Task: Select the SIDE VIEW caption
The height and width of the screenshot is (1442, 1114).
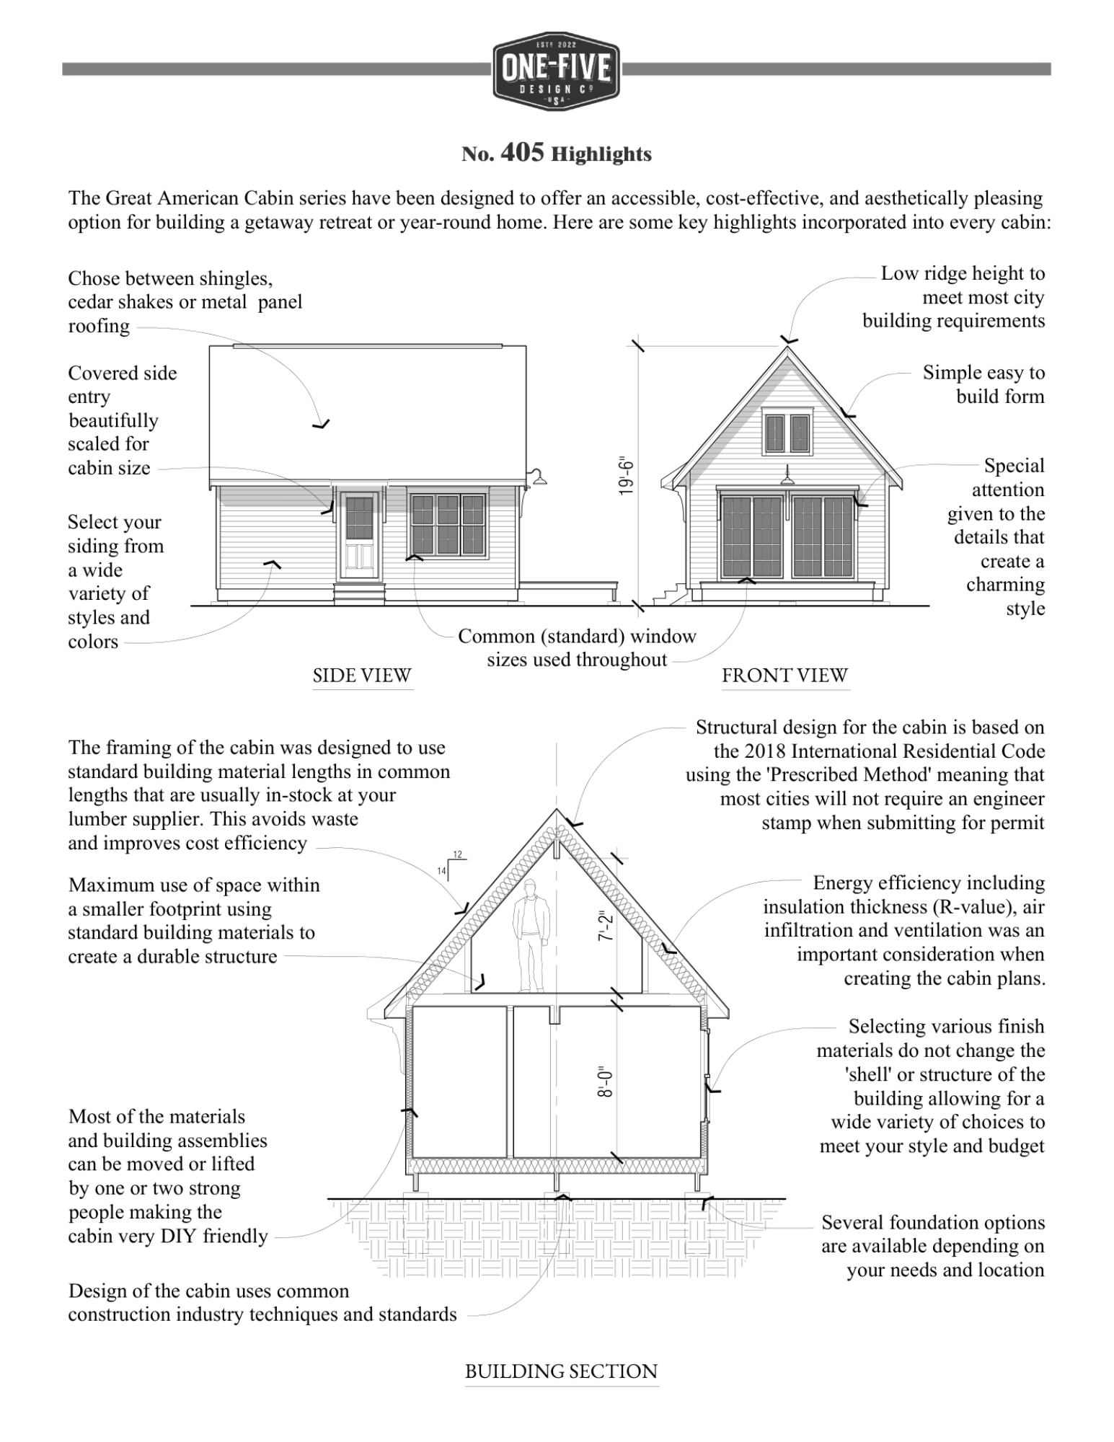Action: (362, 676)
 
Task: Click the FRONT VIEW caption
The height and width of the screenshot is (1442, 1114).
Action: (784, 676)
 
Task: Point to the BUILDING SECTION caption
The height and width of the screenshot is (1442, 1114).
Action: (561, 1371)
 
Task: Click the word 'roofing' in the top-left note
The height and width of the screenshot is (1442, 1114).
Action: (99, 327)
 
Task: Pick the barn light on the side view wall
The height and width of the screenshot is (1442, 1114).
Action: (537, 477)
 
